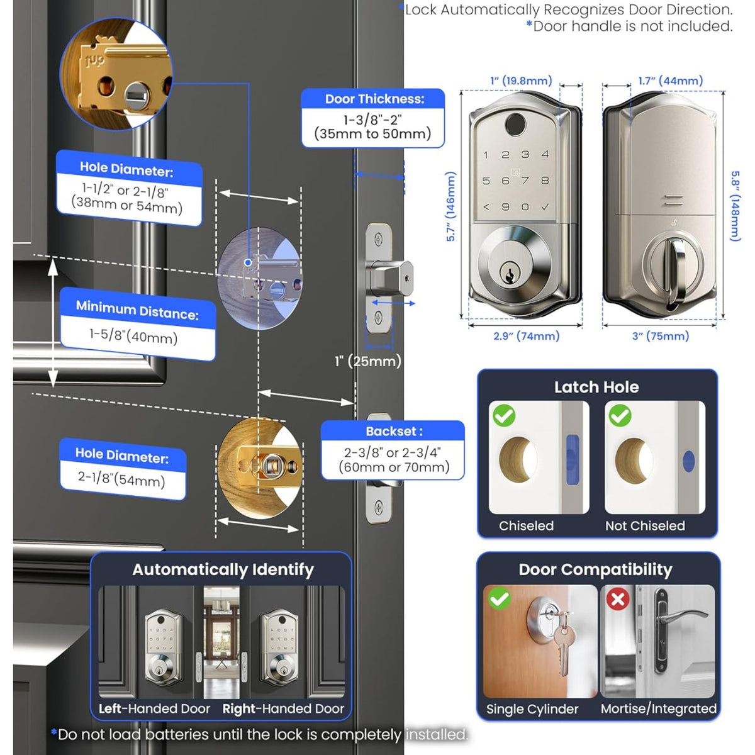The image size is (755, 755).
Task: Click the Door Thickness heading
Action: point(374,99)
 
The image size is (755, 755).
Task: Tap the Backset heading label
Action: point(394,432)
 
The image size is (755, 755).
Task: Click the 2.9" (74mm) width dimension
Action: point(526,336)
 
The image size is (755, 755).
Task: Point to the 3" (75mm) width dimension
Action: point(660,336)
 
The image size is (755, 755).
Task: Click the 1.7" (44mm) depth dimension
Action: point(670,81)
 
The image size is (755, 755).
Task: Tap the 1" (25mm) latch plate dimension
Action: point(367,361)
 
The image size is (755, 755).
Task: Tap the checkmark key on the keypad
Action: point(545,206)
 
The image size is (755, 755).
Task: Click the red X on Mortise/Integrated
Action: point(617,598)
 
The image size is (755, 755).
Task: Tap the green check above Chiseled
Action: point(504,415)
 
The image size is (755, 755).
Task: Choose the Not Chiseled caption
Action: point(645,526)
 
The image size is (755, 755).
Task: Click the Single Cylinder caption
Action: point(532,709)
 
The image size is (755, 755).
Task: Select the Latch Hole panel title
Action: point(596,387)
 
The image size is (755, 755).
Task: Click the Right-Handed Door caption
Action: point(283,708)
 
